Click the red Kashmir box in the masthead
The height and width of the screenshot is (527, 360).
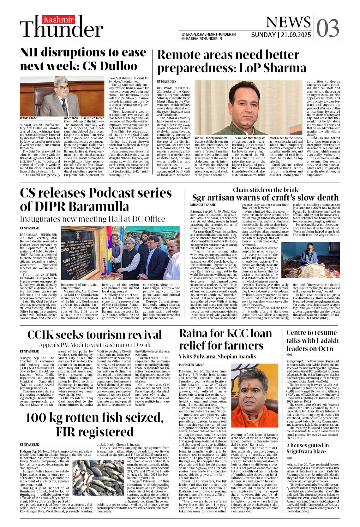(58, 20)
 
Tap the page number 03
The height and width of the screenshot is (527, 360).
(327, 28)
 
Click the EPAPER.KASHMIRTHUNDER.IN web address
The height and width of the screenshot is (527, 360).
(211, 34)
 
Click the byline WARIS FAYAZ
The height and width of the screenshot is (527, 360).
(28, 118)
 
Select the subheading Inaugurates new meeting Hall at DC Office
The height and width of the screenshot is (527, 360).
(92, 219)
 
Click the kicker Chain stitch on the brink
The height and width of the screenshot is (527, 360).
(265, 190)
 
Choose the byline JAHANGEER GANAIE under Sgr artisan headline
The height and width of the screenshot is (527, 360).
(203, 205)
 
